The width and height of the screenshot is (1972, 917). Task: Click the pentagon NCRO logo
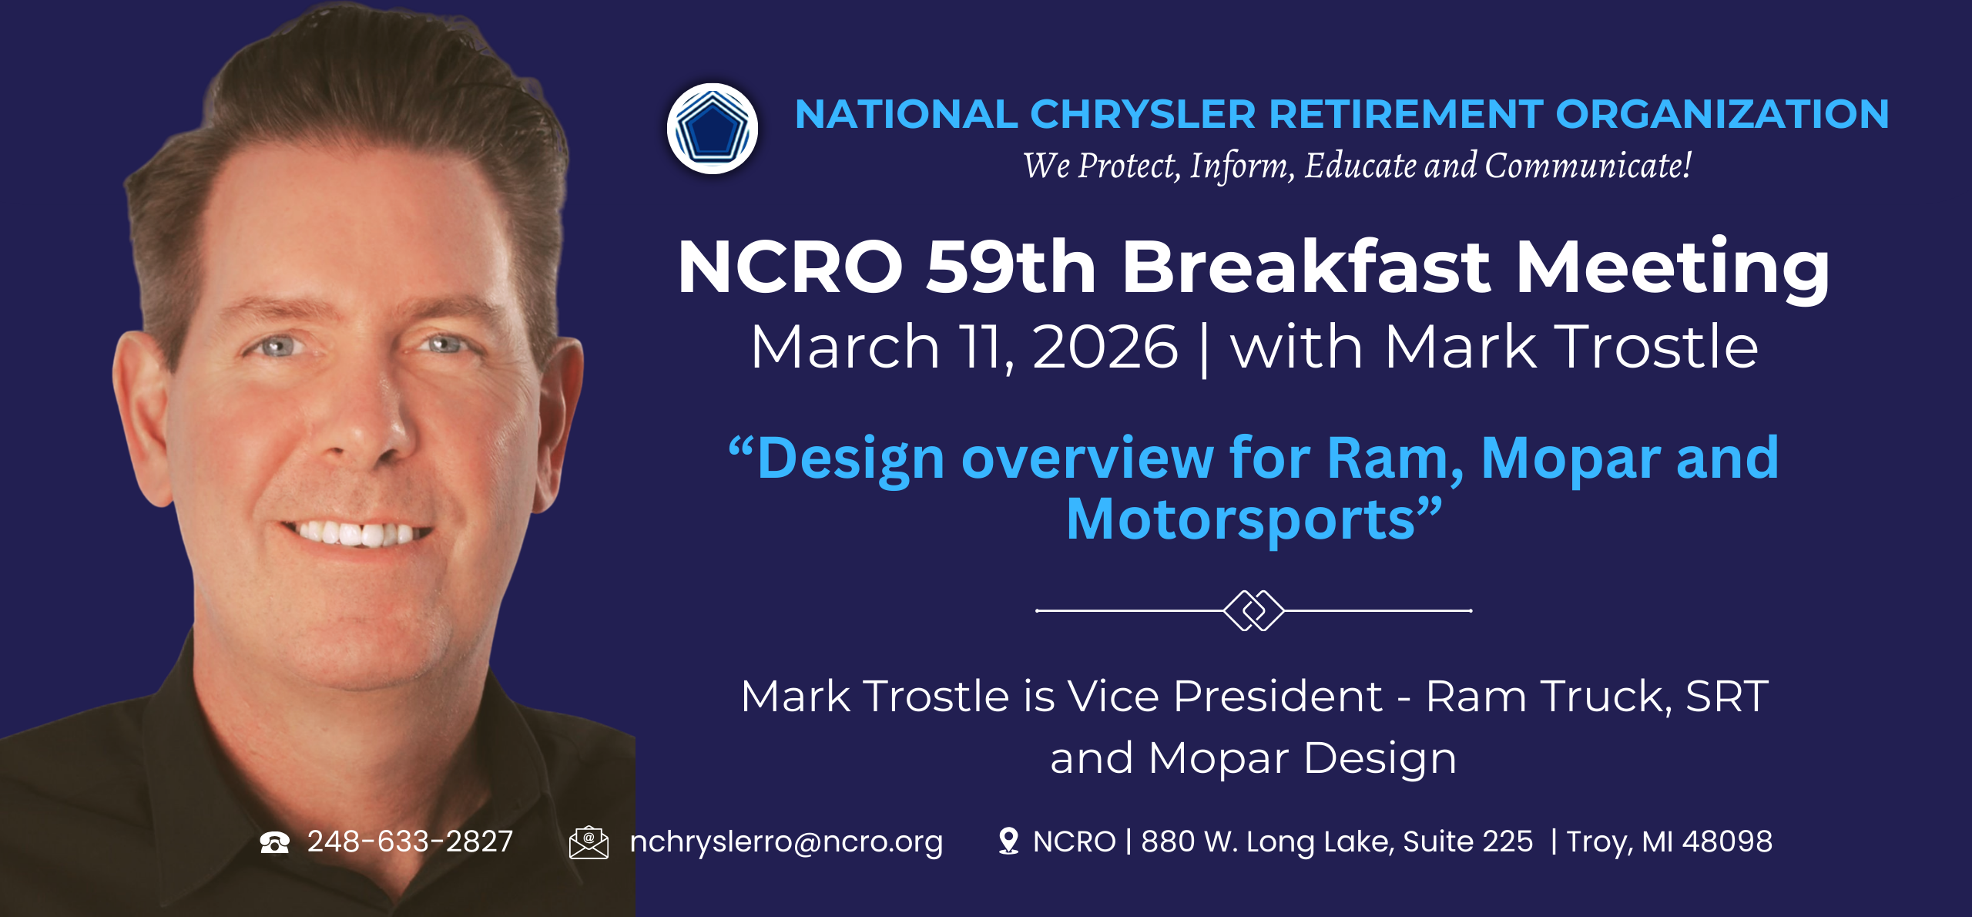[712, 129]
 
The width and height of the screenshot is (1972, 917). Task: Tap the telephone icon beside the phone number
[274, 842]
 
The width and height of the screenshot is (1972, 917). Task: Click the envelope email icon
[589, 842]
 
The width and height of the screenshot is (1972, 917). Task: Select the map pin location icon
[1008, 841]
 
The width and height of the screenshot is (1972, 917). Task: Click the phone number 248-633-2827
[410, 841]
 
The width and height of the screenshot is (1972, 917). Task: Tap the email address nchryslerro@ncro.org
[786, 841]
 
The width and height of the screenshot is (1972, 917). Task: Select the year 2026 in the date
[1105, 348]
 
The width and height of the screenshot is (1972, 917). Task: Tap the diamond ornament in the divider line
[1253, 610]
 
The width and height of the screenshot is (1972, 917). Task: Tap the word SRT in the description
[1726, 697]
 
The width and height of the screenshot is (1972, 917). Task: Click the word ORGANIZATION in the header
[1722, 115]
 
